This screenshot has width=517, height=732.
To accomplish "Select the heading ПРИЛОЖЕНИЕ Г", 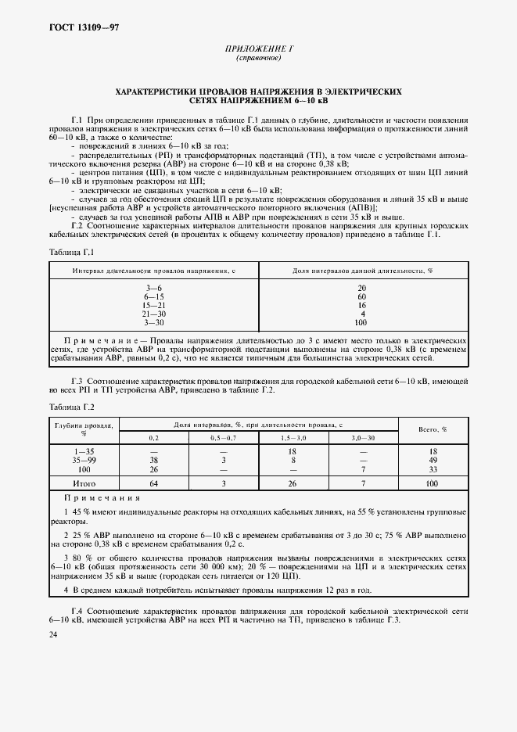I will click(258, 48).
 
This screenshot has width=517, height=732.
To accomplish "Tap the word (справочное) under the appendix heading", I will click(258, 58).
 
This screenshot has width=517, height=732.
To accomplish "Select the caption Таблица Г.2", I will click(71, 407).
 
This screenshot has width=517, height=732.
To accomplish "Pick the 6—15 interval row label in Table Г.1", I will click(153, 297).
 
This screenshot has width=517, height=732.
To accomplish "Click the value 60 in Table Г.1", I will click(361, 297).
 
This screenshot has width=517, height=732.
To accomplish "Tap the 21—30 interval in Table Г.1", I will click(153, 314).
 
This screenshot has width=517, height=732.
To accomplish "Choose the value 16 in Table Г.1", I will click(361, 306).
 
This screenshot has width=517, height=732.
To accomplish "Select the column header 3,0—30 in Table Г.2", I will click(363, 438).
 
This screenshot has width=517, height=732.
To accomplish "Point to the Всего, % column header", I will click(433, 429).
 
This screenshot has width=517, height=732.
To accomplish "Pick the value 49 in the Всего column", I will click(433, 461).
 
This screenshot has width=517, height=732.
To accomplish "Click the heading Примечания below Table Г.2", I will click(103, 498).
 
